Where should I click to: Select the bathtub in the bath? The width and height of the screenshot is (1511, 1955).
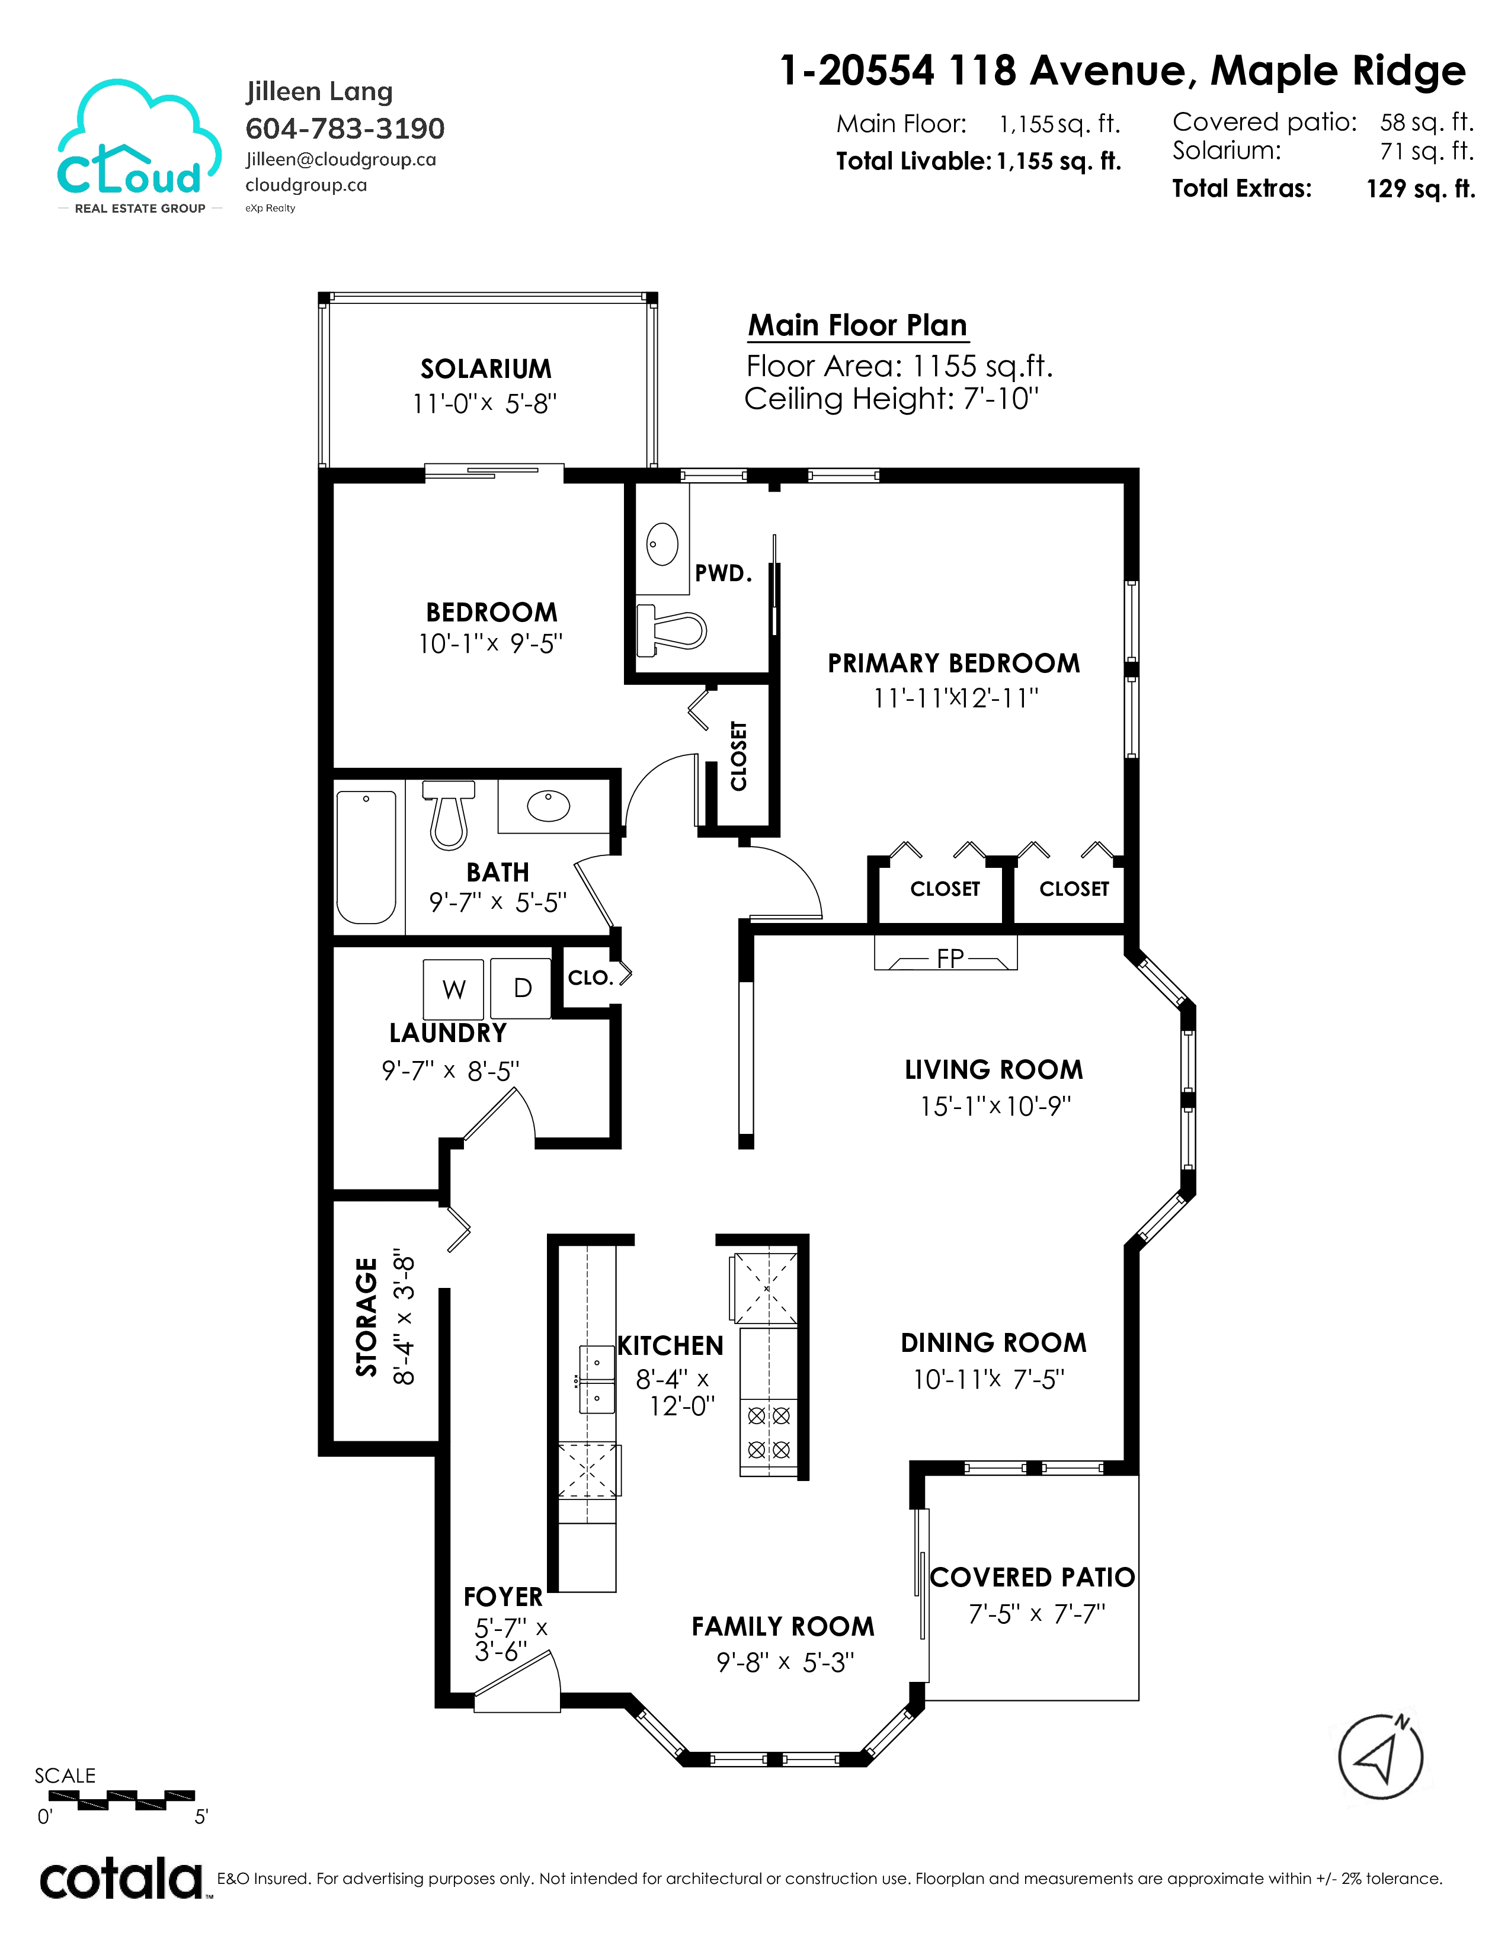[366, 858]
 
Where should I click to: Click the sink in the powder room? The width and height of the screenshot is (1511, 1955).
[662, 544]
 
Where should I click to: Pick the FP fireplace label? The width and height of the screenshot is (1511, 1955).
[950, 959]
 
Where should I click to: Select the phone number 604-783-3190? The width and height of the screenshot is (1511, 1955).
[345, 129]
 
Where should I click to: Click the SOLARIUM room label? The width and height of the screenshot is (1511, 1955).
[486, 369]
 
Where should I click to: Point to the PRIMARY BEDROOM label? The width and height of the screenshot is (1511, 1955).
[953, 664]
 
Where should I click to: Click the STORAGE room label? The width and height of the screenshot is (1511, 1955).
[367, 1317]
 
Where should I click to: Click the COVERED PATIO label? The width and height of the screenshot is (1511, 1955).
[1032, 1577]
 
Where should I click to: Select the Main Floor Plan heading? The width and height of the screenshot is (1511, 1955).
[857, 325]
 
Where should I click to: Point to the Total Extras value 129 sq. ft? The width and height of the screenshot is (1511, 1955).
[1420, 189]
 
